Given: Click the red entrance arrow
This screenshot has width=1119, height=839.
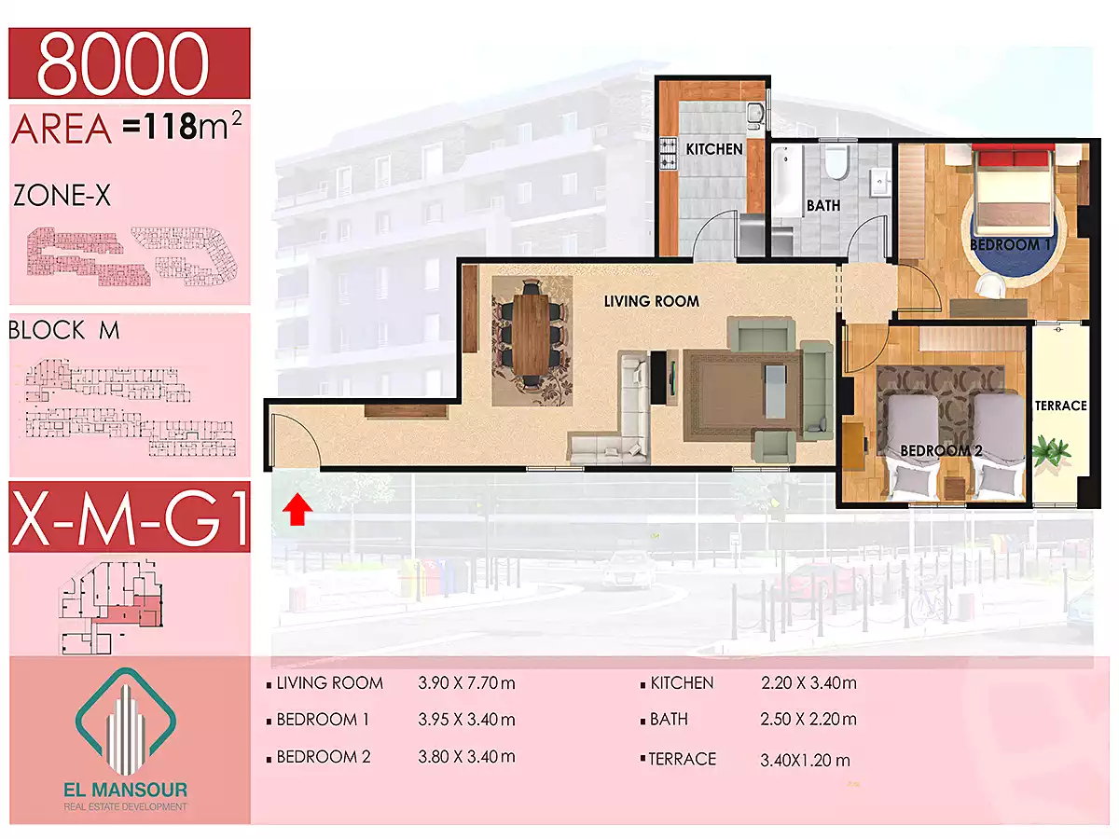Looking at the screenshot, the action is click(297, 511).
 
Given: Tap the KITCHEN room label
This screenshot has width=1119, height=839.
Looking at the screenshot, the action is click(713, 149).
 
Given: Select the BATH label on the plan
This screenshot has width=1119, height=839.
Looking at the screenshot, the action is click(823, 205).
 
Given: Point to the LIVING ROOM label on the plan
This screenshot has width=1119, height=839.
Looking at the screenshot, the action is click(652, 301).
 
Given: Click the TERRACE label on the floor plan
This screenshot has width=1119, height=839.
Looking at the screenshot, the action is click(1060, 406).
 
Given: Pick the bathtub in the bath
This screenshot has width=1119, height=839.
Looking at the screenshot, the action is click(787, 182).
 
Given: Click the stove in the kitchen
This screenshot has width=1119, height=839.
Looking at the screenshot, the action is click(669, 154).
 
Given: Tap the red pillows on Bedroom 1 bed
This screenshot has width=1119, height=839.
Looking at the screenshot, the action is click(1013, 157).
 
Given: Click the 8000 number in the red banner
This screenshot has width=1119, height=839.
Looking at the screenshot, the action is click(123, 62).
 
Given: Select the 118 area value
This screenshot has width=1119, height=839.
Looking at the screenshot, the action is click(171, 126).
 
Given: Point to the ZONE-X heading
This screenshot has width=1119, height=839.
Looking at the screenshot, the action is click(62, 195).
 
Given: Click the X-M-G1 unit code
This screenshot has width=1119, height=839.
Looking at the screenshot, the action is click(131, 516).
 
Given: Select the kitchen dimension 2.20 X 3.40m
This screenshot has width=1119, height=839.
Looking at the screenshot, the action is click(808, 682).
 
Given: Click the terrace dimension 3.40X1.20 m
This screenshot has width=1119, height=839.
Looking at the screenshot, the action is click(805, 761).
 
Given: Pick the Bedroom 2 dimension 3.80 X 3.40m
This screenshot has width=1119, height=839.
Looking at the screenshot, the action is click(466, 756).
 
